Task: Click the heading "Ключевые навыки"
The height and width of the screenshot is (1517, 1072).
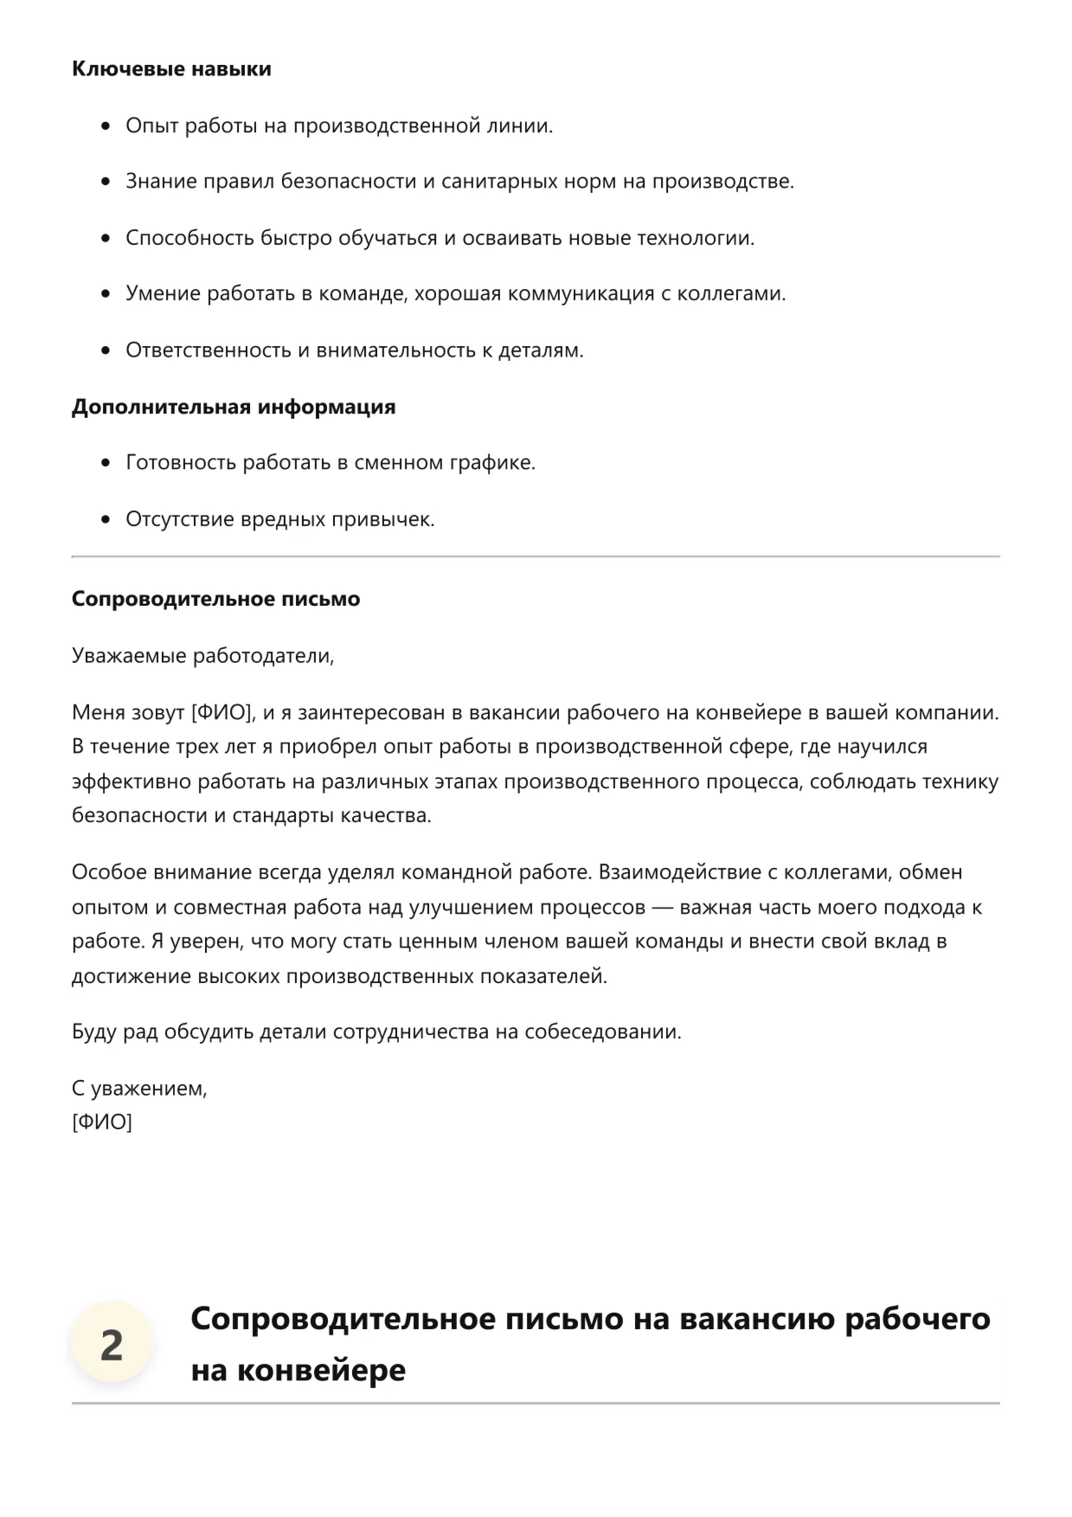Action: coord(171,69)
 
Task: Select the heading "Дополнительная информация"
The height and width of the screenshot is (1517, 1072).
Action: coord(234,407)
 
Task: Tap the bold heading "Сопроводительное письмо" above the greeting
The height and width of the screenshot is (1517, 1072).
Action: coord(215,599)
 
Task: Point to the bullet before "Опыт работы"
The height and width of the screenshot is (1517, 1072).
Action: coord(106,126)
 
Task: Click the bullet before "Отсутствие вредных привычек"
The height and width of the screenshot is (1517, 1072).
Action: coord(106,520)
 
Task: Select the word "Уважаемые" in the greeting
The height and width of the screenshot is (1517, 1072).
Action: coord(129,656)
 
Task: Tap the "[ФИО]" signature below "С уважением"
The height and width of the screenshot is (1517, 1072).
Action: coord(102,1123)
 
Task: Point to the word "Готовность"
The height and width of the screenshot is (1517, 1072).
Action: coord(181,463)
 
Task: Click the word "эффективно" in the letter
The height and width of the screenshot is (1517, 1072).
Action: coord(132,782)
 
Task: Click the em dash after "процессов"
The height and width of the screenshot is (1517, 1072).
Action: coord(662,908)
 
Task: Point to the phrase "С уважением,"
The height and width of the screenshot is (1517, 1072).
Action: coord(139,1089)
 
